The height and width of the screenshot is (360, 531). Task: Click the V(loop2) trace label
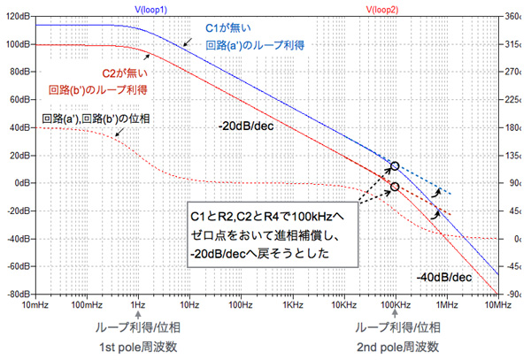pos(385,6)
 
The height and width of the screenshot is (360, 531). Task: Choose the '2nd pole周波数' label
pos(395,345)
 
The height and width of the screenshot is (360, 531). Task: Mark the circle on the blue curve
pos(395,166)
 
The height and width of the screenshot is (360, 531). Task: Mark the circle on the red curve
pos(395,188)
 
